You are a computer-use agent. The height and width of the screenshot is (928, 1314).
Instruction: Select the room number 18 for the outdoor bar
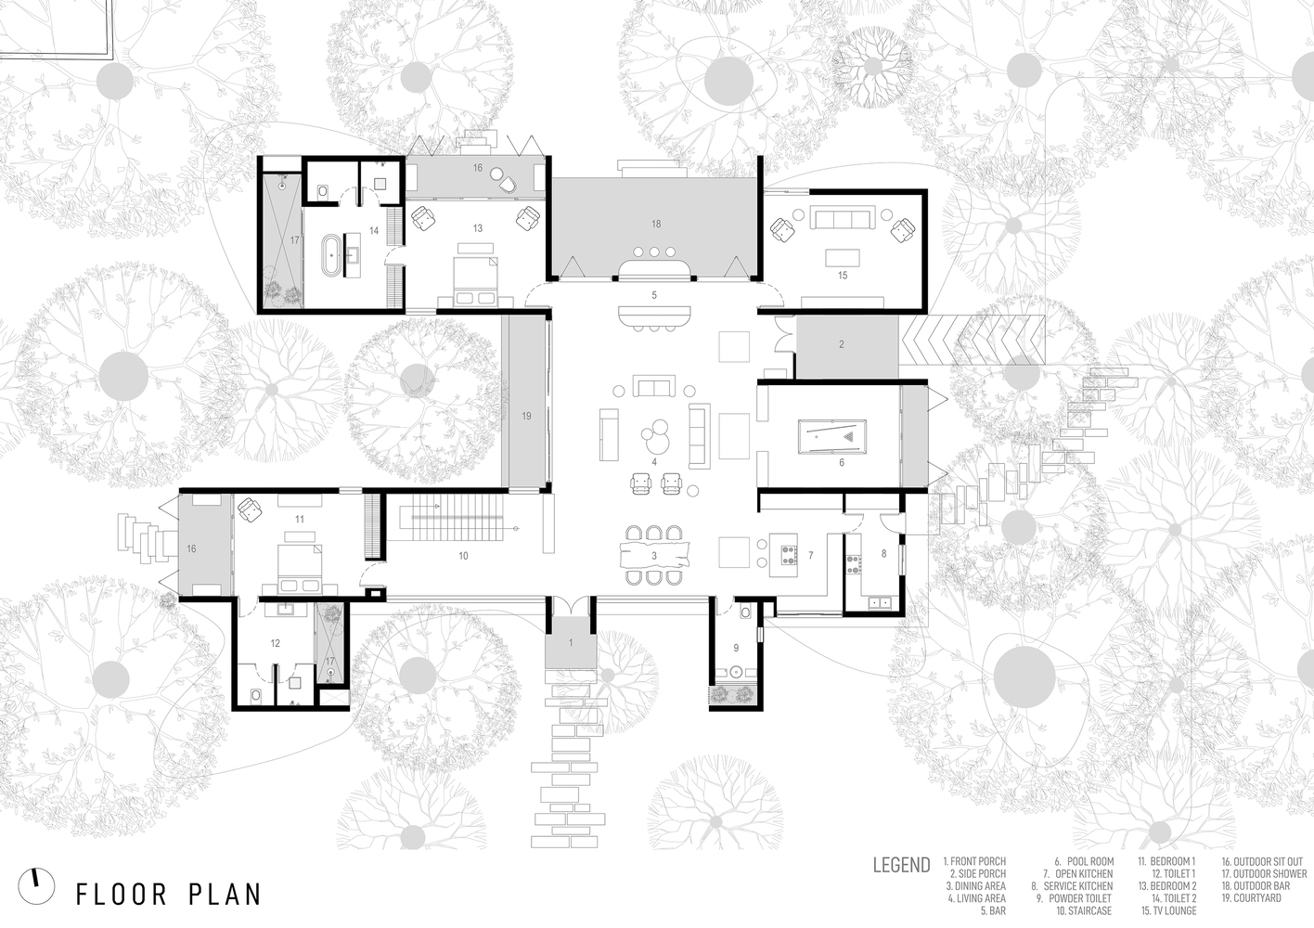coord(656,224)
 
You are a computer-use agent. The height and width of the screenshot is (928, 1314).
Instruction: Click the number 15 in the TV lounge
coord(843,275)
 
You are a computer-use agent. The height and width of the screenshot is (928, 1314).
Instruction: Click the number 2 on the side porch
coord(841,344)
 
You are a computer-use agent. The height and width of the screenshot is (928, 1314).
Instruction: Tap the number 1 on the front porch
coord(570,643)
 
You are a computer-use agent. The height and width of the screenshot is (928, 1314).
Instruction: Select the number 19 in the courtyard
coord(526,416)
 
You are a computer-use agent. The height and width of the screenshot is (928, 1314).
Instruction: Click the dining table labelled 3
coord(654,556)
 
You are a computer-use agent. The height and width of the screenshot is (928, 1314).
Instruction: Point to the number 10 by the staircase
coord(463,556)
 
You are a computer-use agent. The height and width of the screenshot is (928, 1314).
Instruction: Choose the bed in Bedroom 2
coord(476,281)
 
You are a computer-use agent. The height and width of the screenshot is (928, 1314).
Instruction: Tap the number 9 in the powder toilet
coord(736,648)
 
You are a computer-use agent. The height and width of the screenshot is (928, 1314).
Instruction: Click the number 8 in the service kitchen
coord(884,553)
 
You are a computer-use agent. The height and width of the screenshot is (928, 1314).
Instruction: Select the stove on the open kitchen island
coord(788,555)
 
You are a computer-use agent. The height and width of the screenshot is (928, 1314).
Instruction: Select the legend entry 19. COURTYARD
coord(1252,897)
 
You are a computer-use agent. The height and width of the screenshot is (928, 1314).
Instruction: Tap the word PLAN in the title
coord(225,895)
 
